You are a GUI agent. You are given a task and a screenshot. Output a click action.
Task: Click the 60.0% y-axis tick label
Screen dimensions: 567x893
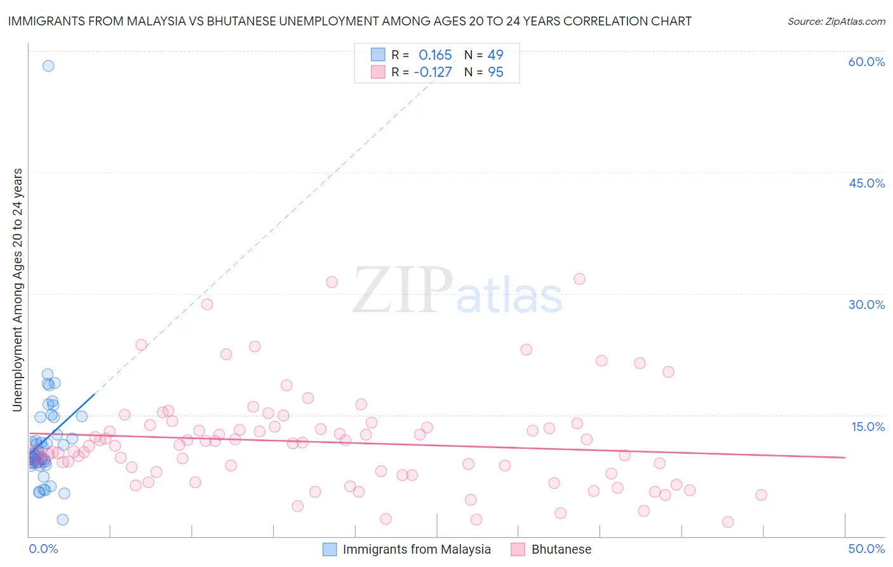point(866,62)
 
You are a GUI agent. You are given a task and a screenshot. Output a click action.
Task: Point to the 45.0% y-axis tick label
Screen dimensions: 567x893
point(866,183)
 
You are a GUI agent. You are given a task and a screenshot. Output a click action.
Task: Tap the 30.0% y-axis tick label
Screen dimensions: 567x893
point(866,304)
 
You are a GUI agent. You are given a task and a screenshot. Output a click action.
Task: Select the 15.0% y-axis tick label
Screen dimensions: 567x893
point(868,426)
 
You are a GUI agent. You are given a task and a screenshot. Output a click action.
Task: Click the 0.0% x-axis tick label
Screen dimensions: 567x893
point(43,549)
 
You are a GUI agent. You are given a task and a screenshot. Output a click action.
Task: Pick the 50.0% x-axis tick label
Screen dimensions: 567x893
point(866,549)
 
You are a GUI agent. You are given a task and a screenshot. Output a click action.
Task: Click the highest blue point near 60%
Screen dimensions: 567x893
point(48,65)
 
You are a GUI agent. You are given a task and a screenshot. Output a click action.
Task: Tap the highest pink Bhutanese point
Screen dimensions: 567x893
point(579,278)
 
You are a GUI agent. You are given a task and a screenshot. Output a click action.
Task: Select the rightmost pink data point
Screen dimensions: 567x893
point(761,495)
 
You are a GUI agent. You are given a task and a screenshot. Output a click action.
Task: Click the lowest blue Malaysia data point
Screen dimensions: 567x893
point(63,519)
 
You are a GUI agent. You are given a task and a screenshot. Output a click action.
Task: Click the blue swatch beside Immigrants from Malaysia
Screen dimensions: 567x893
point(330,549)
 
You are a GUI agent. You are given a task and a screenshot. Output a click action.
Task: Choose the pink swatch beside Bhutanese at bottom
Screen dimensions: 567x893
point(518,549)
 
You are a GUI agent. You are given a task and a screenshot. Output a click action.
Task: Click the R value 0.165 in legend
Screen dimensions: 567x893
point(435,55)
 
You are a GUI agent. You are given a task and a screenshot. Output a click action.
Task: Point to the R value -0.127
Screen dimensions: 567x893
point(433,72)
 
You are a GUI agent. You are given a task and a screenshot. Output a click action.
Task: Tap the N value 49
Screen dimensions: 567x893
point(495,55)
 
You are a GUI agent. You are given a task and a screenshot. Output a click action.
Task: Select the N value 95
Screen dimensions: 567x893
point(495,72)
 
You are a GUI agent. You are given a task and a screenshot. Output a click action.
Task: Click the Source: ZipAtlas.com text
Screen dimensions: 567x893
point(836,21)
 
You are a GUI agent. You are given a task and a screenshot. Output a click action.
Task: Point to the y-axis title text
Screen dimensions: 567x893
point(17,289)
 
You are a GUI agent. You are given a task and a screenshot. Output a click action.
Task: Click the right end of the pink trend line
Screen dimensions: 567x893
point(845,457)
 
